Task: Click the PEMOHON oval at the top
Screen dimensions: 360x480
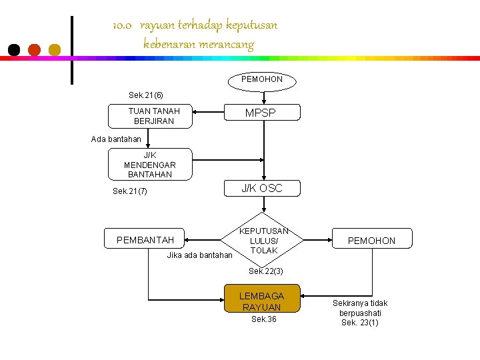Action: coord(262,80)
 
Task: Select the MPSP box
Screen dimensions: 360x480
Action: coord(260,113)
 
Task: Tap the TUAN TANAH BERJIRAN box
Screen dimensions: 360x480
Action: coord(150,117)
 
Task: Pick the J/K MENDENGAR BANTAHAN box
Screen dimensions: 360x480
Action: coord(150,165)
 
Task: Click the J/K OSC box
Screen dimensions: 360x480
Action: coord(262,189)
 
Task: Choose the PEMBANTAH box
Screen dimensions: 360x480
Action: coord(145,239)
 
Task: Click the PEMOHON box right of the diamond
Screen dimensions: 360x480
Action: coord(371,240)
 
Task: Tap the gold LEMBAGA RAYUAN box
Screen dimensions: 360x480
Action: coord(262,301)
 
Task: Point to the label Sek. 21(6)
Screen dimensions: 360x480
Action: coord(146,95)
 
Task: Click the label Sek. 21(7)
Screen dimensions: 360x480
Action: coord(130,191)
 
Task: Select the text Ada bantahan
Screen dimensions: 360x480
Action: coord(116,139)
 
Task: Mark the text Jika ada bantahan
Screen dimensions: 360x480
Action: coord(199,255)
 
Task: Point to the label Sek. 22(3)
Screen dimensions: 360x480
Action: coord(265,271)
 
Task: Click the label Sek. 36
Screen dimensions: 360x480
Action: coord(263,320)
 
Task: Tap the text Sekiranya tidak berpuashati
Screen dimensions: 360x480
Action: coord(360,308)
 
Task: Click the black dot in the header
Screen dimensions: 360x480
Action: coord(14,49)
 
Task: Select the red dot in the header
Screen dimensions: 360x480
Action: coord(35,49)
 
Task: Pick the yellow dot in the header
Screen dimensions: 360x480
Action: coord(55,49)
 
